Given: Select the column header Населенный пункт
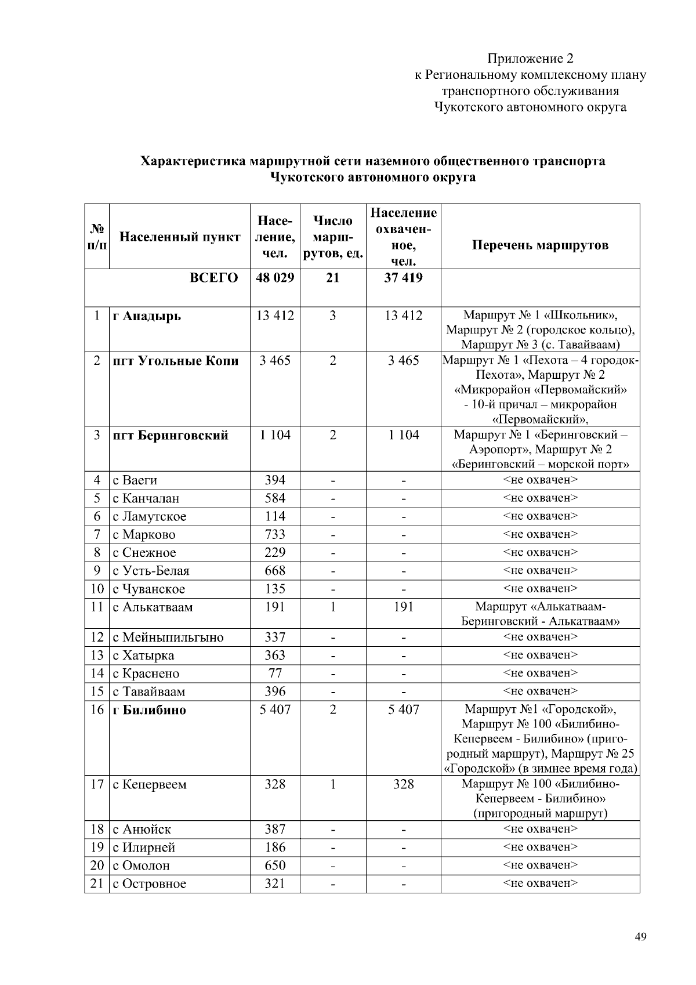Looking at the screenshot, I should click(x=179, y=237).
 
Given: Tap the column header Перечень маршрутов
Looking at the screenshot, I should click(x=540, y=245).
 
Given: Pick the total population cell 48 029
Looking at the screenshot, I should click(x=275, y=278).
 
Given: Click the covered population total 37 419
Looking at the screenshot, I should click(x=403, y=278).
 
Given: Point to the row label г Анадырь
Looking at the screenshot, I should click(x=147, y=316).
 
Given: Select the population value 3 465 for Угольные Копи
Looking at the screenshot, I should click(x=275, y=361).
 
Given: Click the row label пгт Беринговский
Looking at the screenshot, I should click(x=171, y=436).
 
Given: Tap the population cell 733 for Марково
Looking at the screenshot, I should click(x=275, y=534).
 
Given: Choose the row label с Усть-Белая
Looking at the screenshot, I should click(x=151, y=571).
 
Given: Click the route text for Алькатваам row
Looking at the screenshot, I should click(x=540, y=614).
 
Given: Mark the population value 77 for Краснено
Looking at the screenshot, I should click(x=275, y=673).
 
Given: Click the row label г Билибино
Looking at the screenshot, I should click(x=149, y=710).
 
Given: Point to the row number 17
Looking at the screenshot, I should click(x=97, y=785).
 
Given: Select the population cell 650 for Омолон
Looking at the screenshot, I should click(x=275, y=866).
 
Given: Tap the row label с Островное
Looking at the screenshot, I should click(x=150, y=884).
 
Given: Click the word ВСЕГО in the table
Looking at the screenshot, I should click(x=214, y=278).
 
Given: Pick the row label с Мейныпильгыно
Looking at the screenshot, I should click(x=168, y=638).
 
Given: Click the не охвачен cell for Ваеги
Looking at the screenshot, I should click(x=540, y=480).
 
